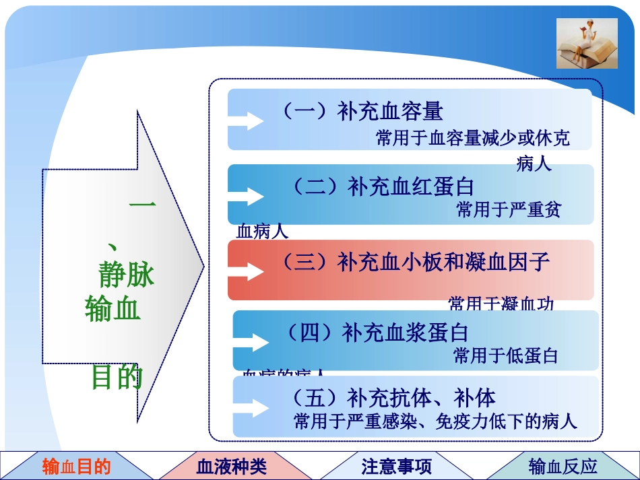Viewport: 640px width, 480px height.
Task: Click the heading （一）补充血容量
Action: (x=361, y=111)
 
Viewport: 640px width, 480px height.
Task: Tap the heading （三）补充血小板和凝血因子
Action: (x=414, y=261)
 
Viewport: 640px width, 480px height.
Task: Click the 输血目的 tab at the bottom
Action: (x=76, y=466)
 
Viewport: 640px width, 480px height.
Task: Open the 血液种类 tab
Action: (x=231, y=466)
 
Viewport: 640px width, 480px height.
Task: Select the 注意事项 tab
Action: (x=396, y=466)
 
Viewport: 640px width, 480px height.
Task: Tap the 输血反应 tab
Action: (x=563, y=466)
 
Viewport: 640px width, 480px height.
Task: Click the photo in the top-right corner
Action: (x=587, y=44)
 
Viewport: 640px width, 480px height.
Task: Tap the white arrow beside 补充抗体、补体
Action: (x=251, y=408)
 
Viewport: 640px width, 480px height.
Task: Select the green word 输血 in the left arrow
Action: (x=113, y=308)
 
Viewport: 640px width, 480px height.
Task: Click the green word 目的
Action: (x=117, y=378)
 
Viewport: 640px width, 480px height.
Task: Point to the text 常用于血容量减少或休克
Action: (x=472, y=139)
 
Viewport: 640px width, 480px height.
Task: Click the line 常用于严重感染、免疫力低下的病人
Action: (x=435, y=422)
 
